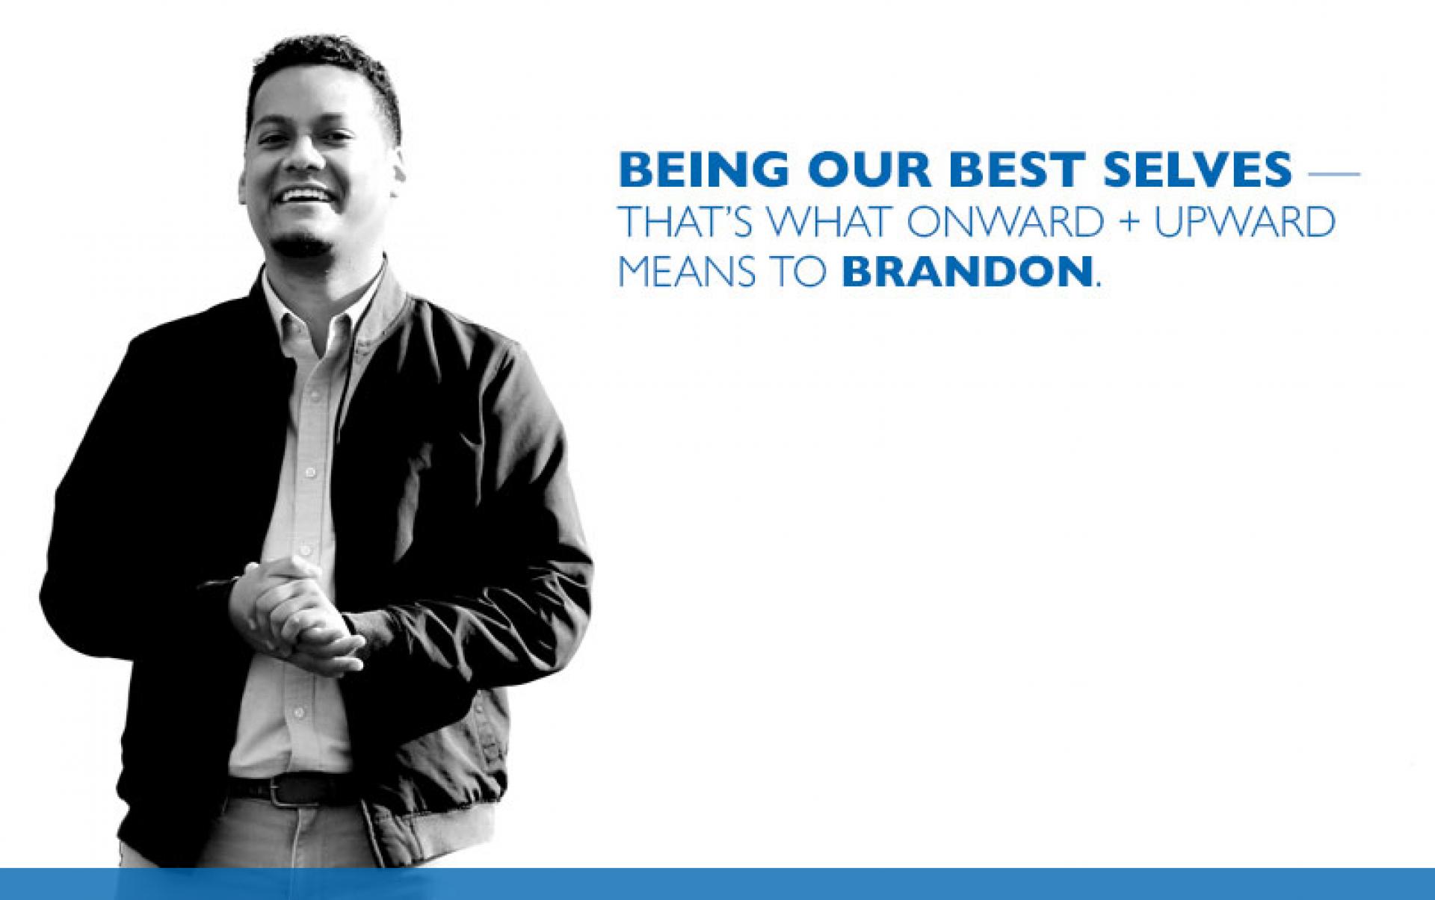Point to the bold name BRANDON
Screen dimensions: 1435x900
[x=966, y=273]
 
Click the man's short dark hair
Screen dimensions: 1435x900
[x=329, y=71]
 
